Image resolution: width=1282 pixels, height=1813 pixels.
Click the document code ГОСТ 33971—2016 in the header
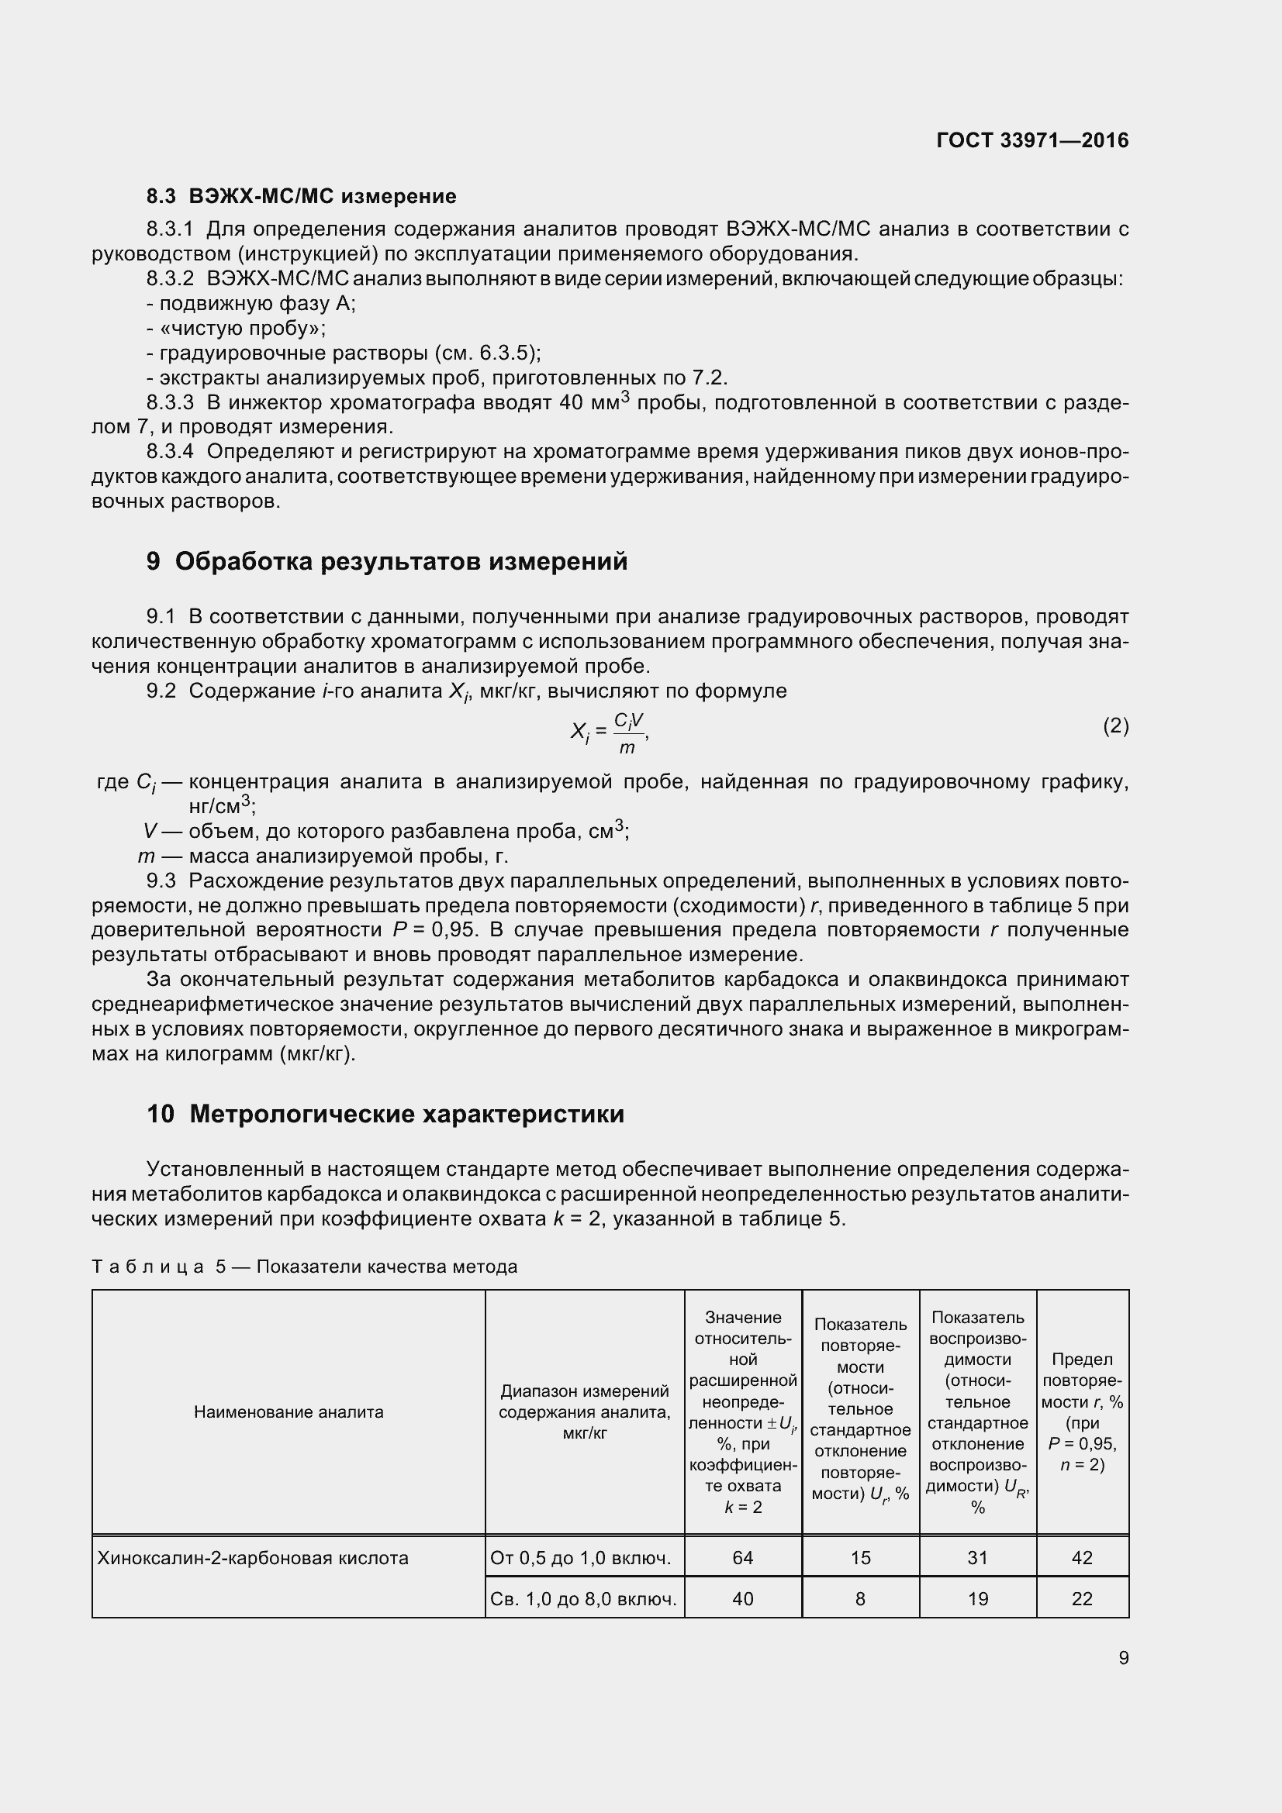tap(1031, 140)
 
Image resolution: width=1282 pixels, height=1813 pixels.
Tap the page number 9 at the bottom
tap(1123, 1657)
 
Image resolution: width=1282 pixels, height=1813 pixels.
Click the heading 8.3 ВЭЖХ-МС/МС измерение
tap(301, 196)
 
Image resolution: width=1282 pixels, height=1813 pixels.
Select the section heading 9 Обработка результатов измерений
tap(387, 561)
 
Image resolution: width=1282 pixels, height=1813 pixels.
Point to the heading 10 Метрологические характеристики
tap(385, 1114)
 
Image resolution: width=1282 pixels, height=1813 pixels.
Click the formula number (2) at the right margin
tap(1115, 725)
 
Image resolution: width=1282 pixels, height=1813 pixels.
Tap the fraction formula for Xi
tap(610, 732)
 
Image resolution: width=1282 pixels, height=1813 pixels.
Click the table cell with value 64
tap(742, 1557)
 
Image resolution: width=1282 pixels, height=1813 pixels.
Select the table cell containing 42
tap(1081, 1557)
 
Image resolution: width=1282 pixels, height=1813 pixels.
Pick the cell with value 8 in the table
tap(860, 1598)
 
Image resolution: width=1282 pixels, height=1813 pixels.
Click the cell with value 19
tap(978, 1598)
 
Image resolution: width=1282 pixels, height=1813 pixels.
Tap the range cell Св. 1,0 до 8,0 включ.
tap(584, 1598)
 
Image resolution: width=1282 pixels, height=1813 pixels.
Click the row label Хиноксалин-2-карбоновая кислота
tap(253, 1557)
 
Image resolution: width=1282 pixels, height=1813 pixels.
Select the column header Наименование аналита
tap(289, 1411)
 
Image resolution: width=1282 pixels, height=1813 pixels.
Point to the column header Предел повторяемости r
tap(1081, 1411)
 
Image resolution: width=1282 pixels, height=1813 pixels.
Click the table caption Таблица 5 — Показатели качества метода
tap(304, 1267)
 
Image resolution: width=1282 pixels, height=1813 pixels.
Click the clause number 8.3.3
tap(170, 403)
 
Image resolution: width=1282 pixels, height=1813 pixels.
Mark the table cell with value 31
tap(978, 1557)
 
